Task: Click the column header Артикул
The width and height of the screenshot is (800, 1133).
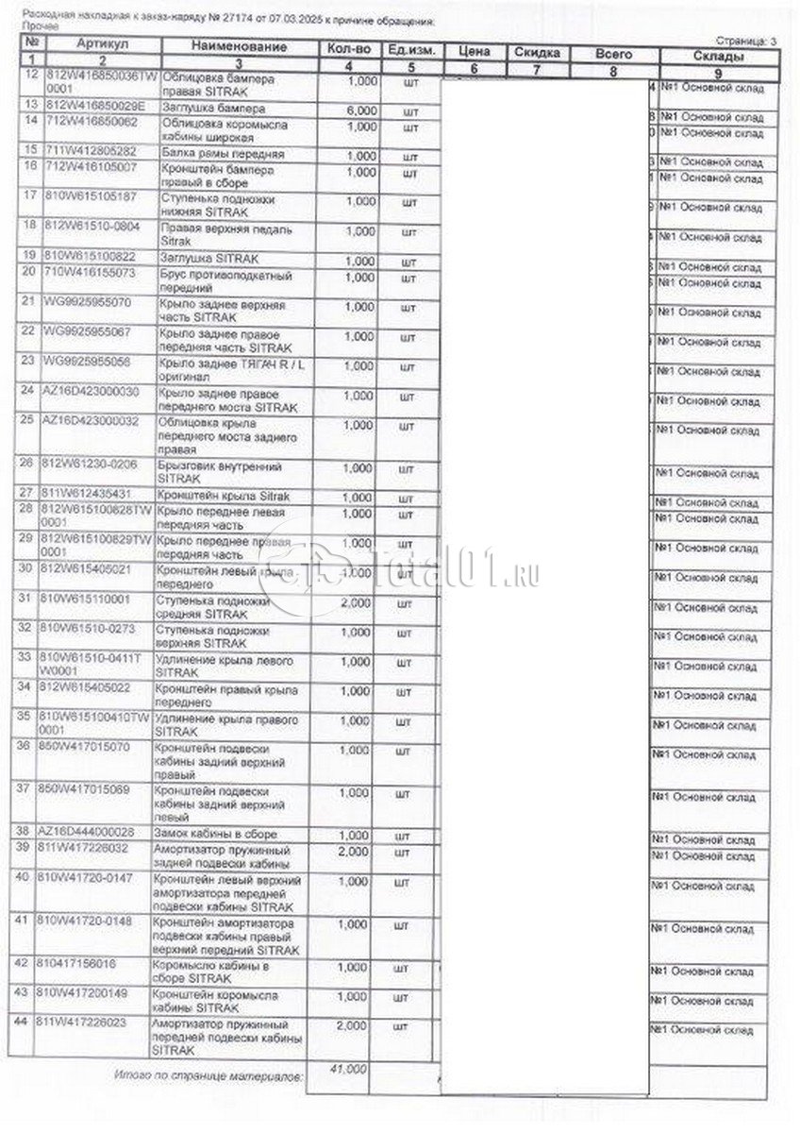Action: (103, 44)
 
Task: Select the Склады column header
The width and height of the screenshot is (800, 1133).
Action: (719, 57)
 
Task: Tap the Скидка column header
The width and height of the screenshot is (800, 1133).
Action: (535, 53)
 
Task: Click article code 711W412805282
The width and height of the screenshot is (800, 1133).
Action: (90, 151)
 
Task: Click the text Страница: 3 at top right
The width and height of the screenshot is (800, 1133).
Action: (746, 41)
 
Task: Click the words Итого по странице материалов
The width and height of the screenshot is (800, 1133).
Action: (208, 1074)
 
